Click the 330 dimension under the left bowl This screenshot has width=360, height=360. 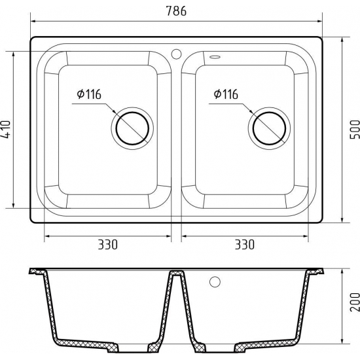pos(107,245)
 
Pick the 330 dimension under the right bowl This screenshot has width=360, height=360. pos(243,245)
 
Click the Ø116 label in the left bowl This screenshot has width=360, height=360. pos(88,95)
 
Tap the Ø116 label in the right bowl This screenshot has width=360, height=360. pos(225,95)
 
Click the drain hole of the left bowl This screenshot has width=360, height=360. pos(132,127)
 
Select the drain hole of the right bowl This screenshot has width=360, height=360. pos(268,127)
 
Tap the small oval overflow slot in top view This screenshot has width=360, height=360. pos(215,56)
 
